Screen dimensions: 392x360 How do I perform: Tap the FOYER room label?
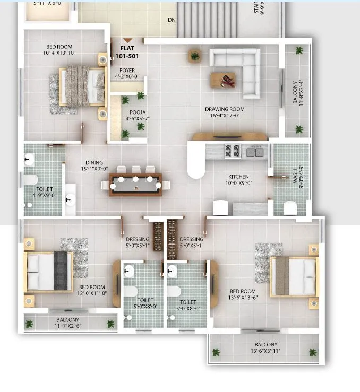click(126, 70)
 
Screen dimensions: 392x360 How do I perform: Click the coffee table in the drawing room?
click(224, 80)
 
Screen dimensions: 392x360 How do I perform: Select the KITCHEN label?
click(238, 177)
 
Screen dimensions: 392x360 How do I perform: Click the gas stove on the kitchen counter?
click(232, 151)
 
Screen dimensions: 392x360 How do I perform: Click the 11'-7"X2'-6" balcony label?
click(67, 323)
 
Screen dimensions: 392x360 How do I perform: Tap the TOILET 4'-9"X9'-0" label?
click(44, 191)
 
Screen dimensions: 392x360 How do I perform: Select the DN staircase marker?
click(172, 20)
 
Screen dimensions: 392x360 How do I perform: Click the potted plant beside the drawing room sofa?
click(195, 55)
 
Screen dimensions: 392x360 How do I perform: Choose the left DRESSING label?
click(137, 242)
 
